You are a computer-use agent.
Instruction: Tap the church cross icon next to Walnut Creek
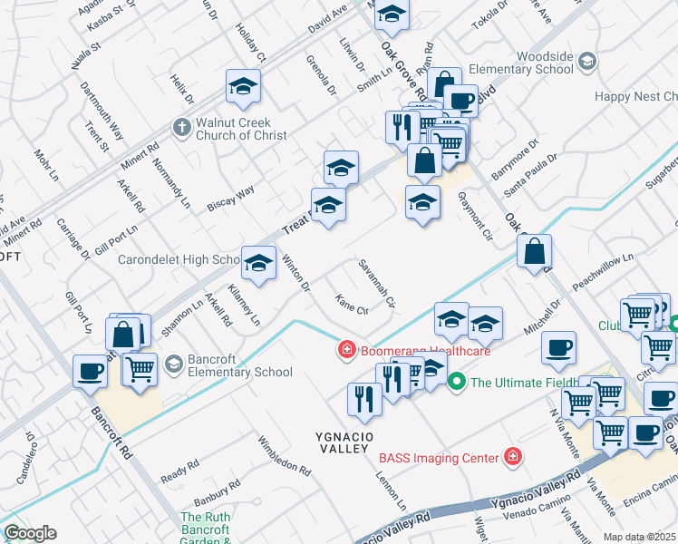point(181,127)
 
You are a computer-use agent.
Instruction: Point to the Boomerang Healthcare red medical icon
point(346,350)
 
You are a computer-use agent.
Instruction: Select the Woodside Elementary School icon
point(587,62)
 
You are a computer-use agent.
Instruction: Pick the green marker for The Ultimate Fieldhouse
point(458,381)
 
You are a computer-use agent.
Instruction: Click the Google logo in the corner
point(30,533)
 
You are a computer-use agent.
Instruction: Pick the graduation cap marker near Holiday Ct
point(243,86)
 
